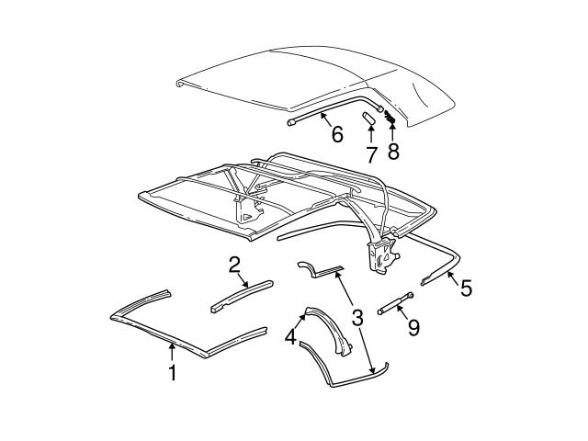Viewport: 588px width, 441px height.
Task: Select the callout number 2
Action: (235, 265)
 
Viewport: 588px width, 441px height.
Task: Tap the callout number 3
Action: (357, 318)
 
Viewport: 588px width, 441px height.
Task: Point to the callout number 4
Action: (290, 337)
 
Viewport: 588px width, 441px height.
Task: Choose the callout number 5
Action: (466, 288)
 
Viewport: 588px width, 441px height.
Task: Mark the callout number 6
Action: (336, 134)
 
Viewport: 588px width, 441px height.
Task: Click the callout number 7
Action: (371, 152)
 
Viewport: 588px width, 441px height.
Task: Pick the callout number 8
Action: (393, 152)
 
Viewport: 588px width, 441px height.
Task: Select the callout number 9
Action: (413, 326)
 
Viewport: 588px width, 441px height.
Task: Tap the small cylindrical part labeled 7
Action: (368, 118)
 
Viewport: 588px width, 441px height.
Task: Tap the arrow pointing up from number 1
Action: (171, 351)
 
